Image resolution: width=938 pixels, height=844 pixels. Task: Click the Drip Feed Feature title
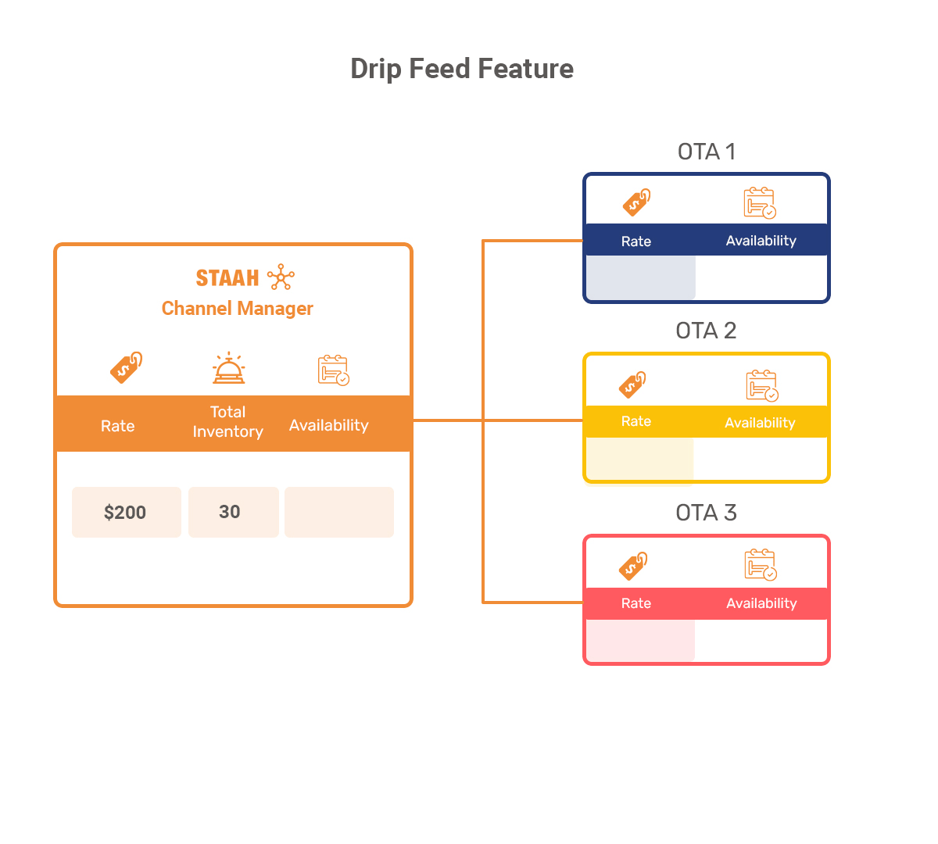coord(461,70)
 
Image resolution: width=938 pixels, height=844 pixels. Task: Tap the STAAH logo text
coord(227,277)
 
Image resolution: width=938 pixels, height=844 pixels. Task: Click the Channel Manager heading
coord(237,309)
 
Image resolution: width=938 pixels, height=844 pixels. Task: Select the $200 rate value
coord(125,512)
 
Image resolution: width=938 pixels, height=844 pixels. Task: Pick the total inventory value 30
coord(230,512)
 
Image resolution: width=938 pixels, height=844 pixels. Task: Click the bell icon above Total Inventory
coord(229,368)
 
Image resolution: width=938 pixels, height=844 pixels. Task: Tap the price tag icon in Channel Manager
coord(127,367)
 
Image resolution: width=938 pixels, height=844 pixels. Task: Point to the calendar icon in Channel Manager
coord(334,370)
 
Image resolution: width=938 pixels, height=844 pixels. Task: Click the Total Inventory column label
coord(227,421)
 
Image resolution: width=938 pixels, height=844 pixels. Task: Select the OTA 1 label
coord(707,152)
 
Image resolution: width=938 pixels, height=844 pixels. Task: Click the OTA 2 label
coord(706,331)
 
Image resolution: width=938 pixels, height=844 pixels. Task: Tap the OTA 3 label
coord(706,513)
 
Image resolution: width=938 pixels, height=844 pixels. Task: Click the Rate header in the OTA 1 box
coord(636,241)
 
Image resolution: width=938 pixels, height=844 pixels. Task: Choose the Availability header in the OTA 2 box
coord(760,423)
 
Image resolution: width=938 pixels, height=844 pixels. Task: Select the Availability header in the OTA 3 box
coord(761,603)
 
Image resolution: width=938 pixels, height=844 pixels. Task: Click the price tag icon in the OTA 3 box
coord(633,566)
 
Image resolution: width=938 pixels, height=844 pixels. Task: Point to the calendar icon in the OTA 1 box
coord(760,202)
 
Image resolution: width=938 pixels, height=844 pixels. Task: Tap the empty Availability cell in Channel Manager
coord(339,512)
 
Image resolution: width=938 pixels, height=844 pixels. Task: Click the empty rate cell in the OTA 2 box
coord(639,459)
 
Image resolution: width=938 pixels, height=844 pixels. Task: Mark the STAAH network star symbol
coord(281,277)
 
